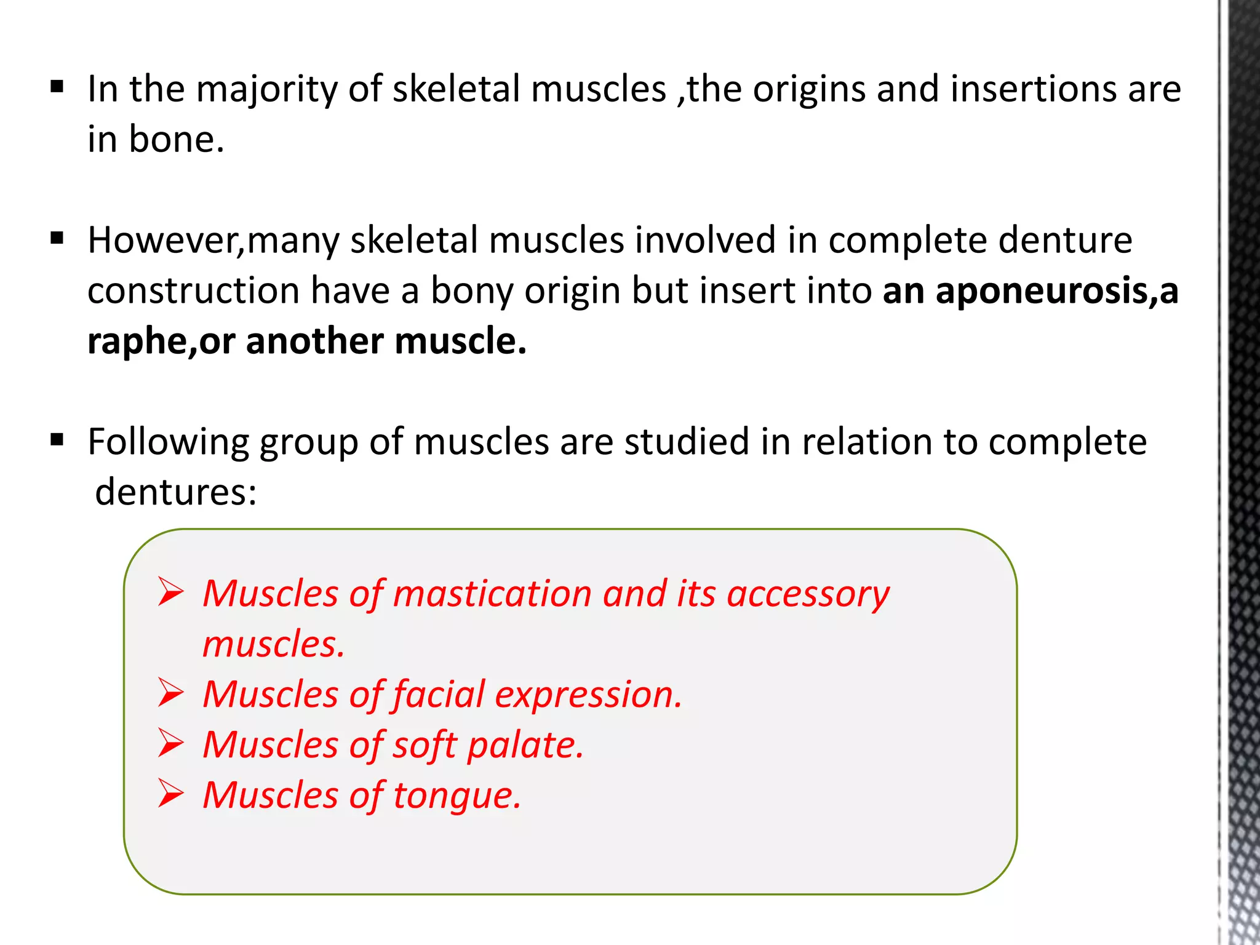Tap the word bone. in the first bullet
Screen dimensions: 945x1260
pyautogui.click(x=176, y=140)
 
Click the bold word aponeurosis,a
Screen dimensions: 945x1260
pyautogui.click(x=1031, y=291)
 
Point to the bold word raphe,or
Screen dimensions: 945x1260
pyautogui.click(x=161, y=341)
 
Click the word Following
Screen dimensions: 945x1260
pyautogui.click(x=168, y=442)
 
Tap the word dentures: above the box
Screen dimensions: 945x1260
pyautogui.click(x=176, y=493)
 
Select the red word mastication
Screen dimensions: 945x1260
pyautogui.click(x=492, y=594)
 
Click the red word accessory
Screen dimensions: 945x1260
pyautogui.click(x=808, y=594)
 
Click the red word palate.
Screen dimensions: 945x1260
pyautogui.click(x=525, y=745)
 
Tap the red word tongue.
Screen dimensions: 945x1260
pyautogui.click(x=457, y=795)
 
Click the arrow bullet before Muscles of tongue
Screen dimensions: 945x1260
pyautogui.click(x=170, y=794)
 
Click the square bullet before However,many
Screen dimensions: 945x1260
pyautogui.click(x=57, y=238)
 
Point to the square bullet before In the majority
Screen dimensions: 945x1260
pyautogui.click(x=57, y=87)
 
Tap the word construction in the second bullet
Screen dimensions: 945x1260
pyautogui.click(x=193, y=291)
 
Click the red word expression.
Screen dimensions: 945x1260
pyautogui.click(x=589, y=695)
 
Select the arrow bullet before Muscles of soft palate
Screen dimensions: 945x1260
pyautogui.click(x=170, y=743)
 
